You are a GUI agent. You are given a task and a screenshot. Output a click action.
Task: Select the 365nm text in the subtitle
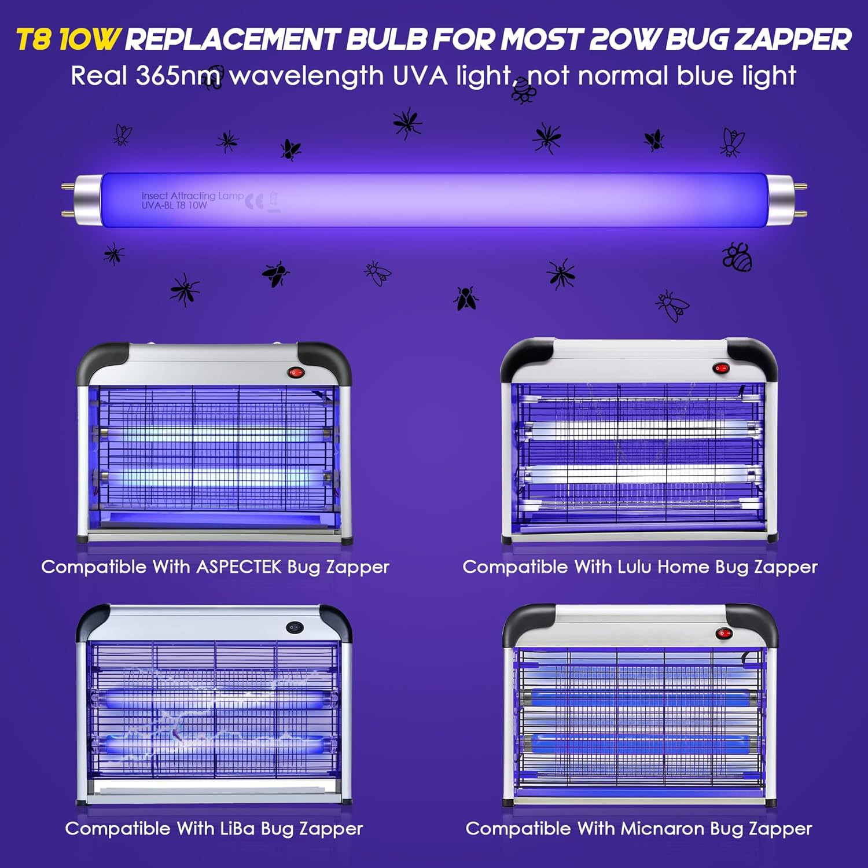(178, 76)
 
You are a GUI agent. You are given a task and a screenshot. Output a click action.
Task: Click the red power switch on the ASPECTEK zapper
(296, 373)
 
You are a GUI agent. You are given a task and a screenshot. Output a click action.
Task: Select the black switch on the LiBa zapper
(296, 627)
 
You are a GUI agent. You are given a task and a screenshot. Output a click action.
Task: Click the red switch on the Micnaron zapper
(723, 634)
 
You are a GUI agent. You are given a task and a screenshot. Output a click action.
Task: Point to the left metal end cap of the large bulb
(87, 200)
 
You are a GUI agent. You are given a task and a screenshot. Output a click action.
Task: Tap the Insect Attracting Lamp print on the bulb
(192, 196)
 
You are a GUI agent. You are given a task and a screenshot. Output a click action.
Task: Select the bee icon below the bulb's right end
(737, 256)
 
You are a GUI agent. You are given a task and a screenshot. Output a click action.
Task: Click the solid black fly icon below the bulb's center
(466, 298)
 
